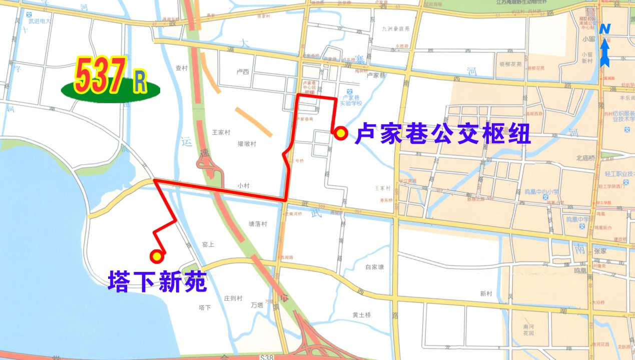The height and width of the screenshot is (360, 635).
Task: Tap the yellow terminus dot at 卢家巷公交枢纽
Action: point(341,133)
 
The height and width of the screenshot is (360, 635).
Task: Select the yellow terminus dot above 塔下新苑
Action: point(157,256)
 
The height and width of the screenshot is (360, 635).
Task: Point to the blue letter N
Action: point(605,29)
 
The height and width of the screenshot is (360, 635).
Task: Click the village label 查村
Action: point(182,69)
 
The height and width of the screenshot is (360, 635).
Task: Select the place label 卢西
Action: point(242,72)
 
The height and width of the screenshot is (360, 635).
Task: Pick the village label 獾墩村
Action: point(247,144)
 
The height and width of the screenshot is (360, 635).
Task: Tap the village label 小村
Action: point(244,185)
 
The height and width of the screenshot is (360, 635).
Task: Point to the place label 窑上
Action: point(208,245)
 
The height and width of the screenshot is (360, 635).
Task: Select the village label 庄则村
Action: point(233,298)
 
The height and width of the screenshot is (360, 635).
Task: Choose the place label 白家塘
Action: point(374,267)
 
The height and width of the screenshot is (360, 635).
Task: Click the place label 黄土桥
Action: point(361,315)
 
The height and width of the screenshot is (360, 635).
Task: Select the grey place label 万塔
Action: point(257,304)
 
